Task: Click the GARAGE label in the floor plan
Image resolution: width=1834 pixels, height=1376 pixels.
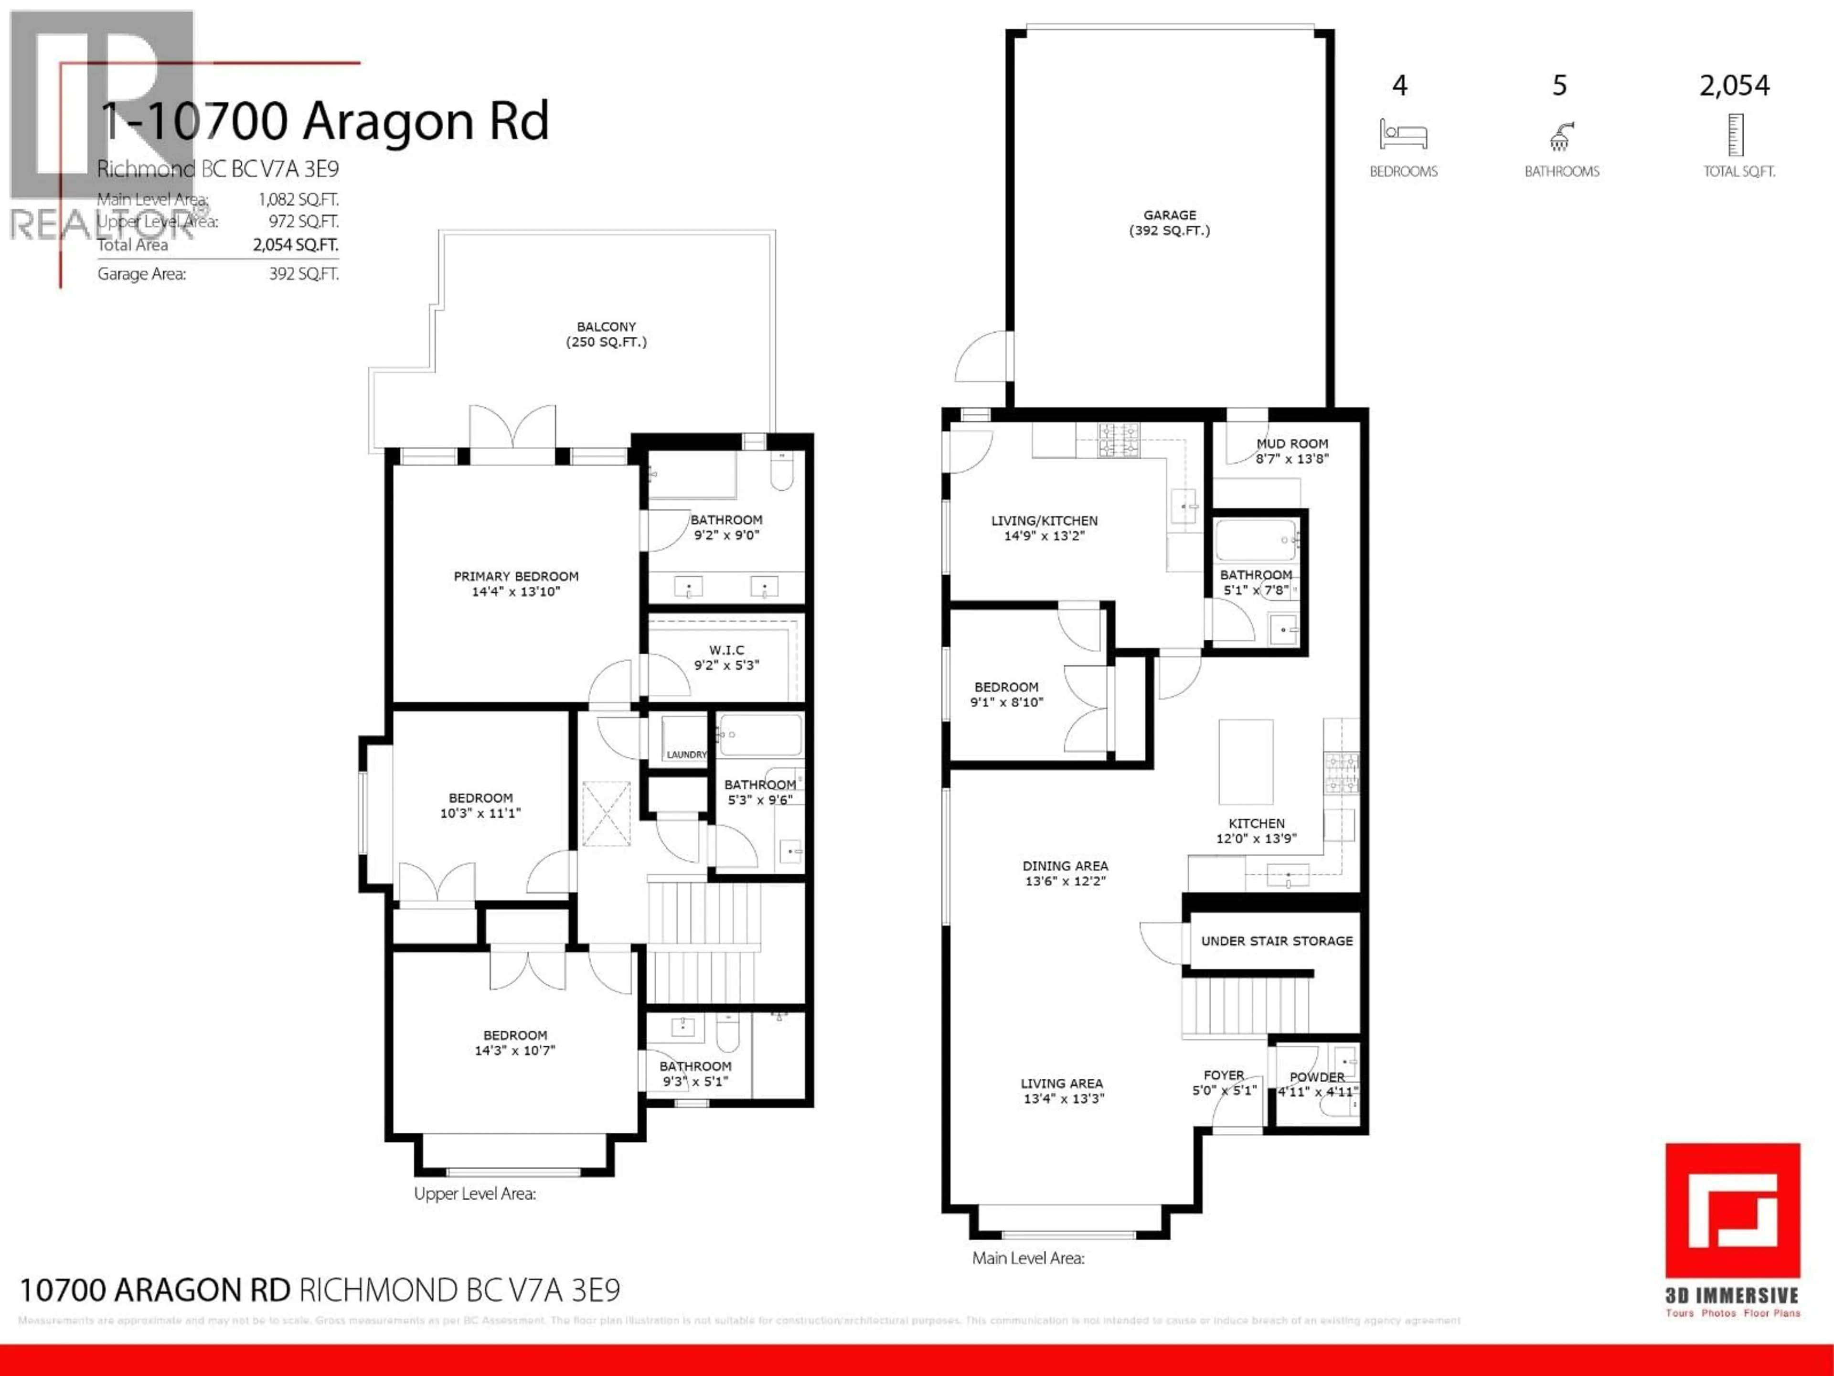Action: [x=1169, y=215]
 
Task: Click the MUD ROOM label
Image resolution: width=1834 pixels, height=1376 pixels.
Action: [x=1292, y=444]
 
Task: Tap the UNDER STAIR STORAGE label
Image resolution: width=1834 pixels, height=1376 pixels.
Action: [x=1276, y=941]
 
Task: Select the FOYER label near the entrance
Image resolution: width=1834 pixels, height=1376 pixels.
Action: [x=1224, y=1075]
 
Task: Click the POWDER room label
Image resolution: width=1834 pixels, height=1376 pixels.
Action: [x=1317, y=1076]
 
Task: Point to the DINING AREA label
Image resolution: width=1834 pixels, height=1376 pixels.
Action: [x=1065, y=866]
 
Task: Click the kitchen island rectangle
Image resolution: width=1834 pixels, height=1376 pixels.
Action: [x=1245, y=762]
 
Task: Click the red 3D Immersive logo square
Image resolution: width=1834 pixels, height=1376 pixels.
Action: [x=1732, y=1211]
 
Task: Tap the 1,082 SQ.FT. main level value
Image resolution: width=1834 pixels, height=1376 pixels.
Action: [x=298, y=199]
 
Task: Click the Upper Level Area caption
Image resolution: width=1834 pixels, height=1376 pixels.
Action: [x=474, y=1193]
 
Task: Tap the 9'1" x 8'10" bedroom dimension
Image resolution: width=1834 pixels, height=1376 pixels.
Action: [x=1006, y=702]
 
